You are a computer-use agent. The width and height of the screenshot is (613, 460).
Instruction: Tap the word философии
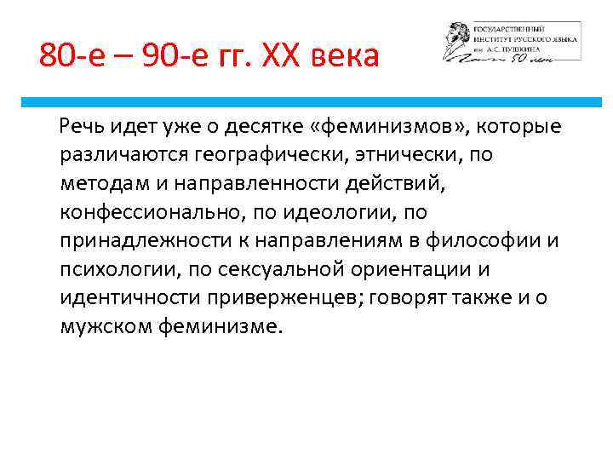490,239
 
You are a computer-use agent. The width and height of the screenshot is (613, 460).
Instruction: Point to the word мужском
106,325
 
